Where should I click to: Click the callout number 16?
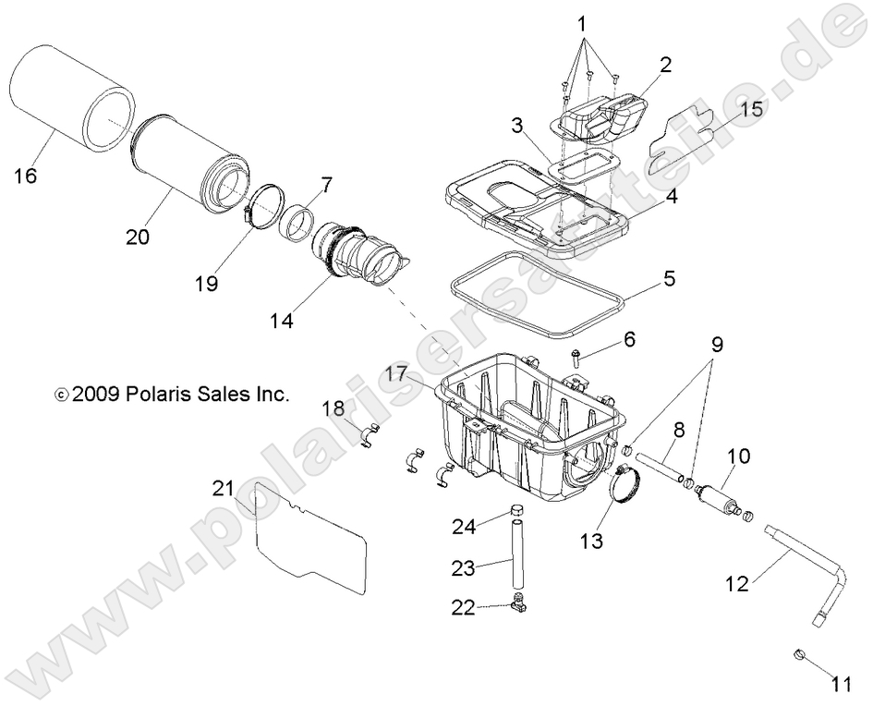[x=26, y=175]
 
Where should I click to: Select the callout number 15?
[x=751, y=109]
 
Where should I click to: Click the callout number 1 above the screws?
[x=581, y=21]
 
